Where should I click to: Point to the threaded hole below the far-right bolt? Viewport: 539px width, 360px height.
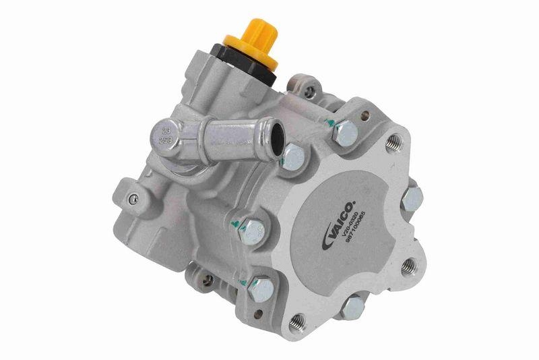pos(408,266)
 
